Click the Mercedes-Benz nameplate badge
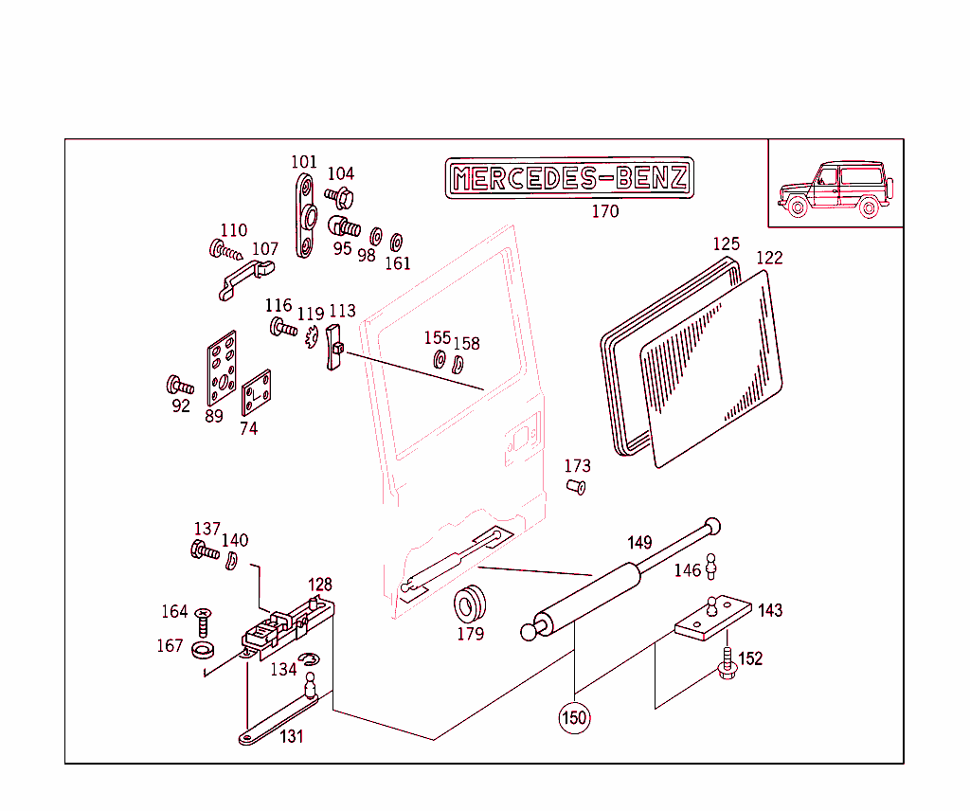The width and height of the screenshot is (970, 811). (569, 178)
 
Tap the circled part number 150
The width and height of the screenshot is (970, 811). (575, 717)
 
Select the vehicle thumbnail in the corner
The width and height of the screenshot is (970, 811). (835, 189)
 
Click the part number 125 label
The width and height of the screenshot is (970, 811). (726, 244)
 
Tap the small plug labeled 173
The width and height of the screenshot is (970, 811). (575, 487)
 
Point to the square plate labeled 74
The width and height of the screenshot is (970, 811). (256, 392)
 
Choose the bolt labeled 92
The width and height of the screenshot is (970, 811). (179, 386)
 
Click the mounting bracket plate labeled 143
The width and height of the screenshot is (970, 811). (713, 620)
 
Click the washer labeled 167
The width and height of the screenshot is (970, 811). (202, 649)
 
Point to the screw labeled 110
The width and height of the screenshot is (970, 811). (225, 251)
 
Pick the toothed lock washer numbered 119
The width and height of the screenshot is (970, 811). (313, 336)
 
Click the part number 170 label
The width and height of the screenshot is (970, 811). (604, 211)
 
